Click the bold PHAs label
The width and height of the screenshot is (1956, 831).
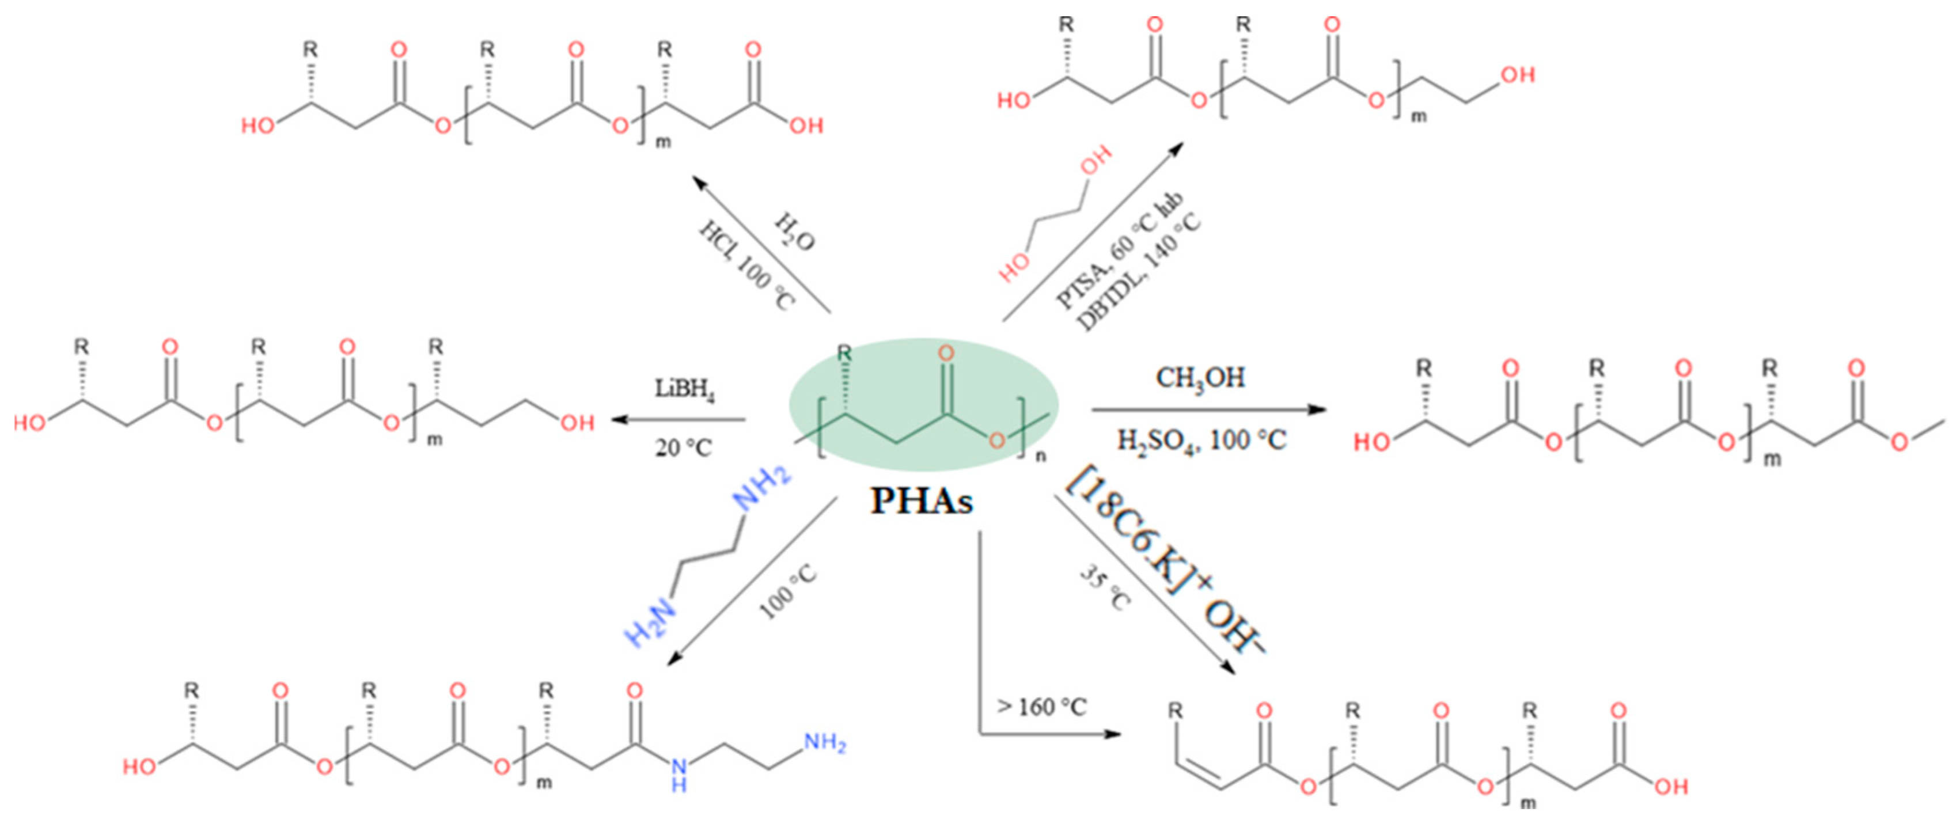coord(921,501)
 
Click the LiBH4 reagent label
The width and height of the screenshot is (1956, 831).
coord(684,390)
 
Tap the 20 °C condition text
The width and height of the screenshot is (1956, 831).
coord(683,448)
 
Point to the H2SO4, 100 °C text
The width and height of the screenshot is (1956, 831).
coord(1201,440)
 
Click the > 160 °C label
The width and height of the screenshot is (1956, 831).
coord(1042,707)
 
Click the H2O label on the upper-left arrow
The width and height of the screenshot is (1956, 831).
coord(794,232)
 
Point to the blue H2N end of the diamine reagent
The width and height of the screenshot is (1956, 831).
coord(649,623)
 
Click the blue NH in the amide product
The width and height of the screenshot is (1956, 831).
coord(678,774)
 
